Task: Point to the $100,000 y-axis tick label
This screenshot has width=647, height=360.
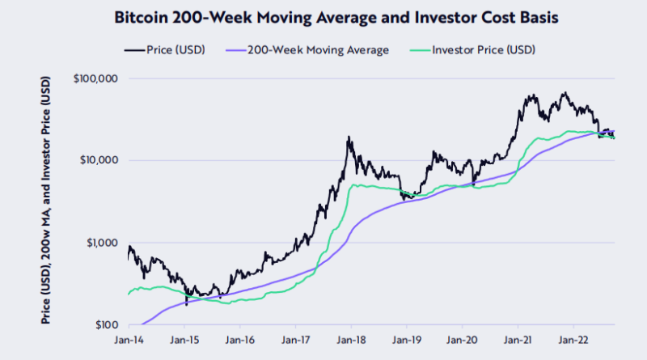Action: point(95,78)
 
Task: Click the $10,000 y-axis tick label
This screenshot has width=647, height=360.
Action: point(99,160)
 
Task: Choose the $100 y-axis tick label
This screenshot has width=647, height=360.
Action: point(105,324)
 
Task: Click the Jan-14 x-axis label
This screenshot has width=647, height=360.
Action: point(129,341)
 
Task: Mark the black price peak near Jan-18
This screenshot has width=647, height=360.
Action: point(349,138)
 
